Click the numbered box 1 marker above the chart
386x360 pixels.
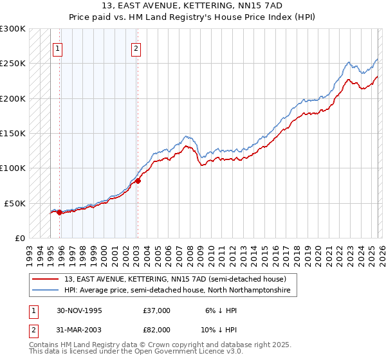pyautogui.click(x=57, y=48)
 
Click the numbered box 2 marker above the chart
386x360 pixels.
pyautogui.click(x=136, y=48)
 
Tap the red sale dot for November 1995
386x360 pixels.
pyautogui.click(x=60, y=212)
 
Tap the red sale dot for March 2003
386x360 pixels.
pyautogui.click(x=138, y=181)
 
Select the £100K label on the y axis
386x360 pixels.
pyautogui.click(x=13, y=168)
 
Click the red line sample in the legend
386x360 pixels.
pyautogui.click(x=46, y=279)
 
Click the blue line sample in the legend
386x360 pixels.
pyautogui.click(x=46, y=291)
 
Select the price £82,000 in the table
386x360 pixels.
pyautogui.click(x=156, y=329)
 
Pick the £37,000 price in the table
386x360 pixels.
pyautogui.click(x=156, y=310)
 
